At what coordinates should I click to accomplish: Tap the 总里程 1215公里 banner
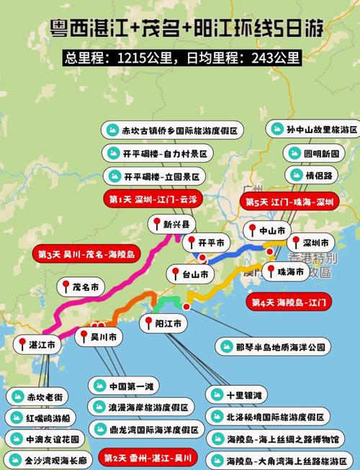click(x=180, y=57)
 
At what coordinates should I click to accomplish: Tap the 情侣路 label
click(x=307, y=175)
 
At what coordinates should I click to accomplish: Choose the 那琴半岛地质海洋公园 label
click(x=274, y=346)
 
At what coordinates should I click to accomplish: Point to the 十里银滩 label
click(x=237, y=394)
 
